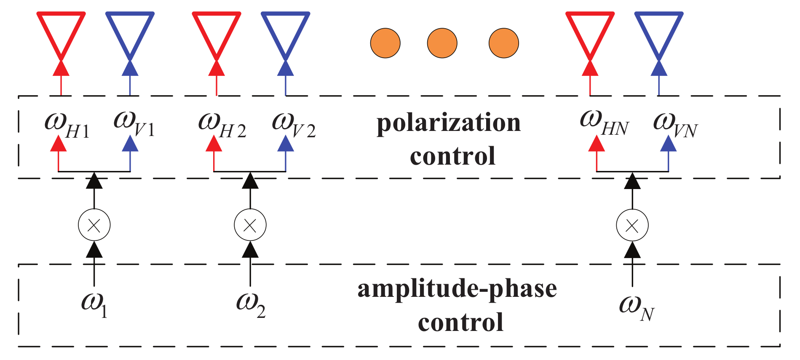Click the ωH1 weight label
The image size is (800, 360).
(x=67, y=125)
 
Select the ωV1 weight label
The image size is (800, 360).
(x=134, y=125)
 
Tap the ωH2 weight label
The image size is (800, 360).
(x=222, y=125)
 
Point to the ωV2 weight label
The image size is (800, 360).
(x=293, y=125)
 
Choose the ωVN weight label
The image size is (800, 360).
(x=675, y=125)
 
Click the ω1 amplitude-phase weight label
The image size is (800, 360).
(x=94, y=305)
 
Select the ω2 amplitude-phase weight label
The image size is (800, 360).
(x=250, y=305)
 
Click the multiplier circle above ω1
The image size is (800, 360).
(x=94, y=225)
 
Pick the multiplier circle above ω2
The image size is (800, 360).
(x=250, y=225)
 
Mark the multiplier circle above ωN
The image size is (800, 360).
(x=632, y=225)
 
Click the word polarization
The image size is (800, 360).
(x=448, y=123)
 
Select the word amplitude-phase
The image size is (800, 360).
(x=457, y=290)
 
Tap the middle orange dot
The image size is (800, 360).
(x=442, y=43)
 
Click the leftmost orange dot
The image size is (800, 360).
(x=385, y=43)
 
